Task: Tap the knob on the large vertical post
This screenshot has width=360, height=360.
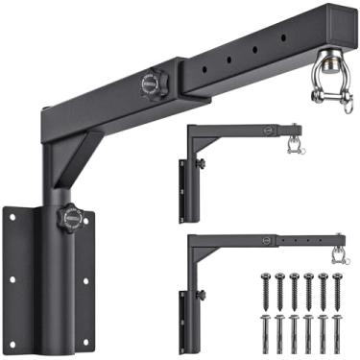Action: point(69,218)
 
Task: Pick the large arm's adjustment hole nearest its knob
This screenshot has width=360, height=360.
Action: point(205,69)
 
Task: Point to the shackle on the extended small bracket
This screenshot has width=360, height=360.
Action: point(337,252)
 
